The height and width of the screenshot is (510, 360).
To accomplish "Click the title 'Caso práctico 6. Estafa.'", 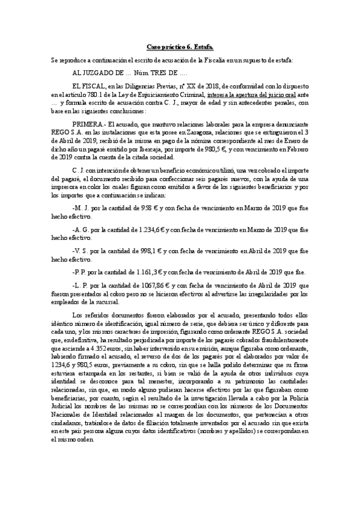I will (180, 46).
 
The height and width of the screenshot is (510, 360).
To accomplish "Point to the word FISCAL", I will (90, 86).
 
